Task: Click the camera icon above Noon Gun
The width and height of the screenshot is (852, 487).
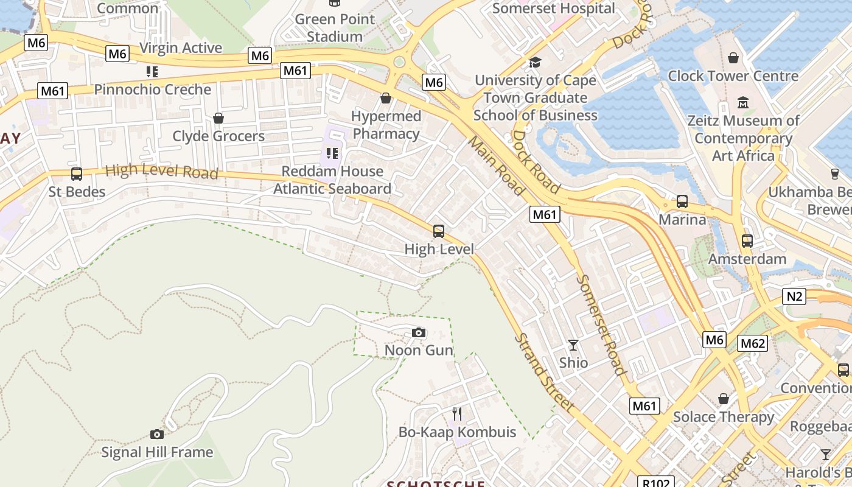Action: [x=419, y=332]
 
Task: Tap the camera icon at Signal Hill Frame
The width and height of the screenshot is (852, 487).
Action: [x=157, y=434]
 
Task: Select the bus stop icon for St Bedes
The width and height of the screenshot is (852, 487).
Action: [x=77, y=174]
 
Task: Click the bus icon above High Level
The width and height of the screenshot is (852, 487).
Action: [x=439, y=231]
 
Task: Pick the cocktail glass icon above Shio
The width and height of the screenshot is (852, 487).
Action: [x=573, y=345]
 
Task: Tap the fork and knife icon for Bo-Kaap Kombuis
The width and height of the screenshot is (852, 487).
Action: [x=457, y=414]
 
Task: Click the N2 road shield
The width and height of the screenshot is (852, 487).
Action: [x=794, y=296]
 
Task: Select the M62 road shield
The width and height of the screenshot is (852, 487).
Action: [x=753, y=343]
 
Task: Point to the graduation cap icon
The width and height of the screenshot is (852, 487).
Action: [x=535, y=62]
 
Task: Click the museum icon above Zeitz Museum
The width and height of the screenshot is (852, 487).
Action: [x=743, y=102]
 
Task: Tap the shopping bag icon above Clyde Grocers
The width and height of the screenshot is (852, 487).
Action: [x=218, y=118]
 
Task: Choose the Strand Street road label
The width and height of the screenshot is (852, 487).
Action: [x=544, y=372]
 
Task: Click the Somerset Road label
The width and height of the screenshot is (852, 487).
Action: [x=601, y=325]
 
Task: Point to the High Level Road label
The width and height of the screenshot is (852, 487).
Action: [x=161, y=172]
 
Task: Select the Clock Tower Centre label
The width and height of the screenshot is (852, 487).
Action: [x=733, y=76]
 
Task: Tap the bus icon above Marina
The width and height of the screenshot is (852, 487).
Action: [x=682, y=201]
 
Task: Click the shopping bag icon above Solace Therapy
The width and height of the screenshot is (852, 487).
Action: [x=724, y=399]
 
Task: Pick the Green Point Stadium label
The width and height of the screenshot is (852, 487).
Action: [x=335, y=28]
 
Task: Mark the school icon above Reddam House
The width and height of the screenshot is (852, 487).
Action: [x=332, y=153]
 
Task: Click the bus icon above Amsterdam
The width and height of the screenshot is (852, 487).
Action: [x=747, y=241]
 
